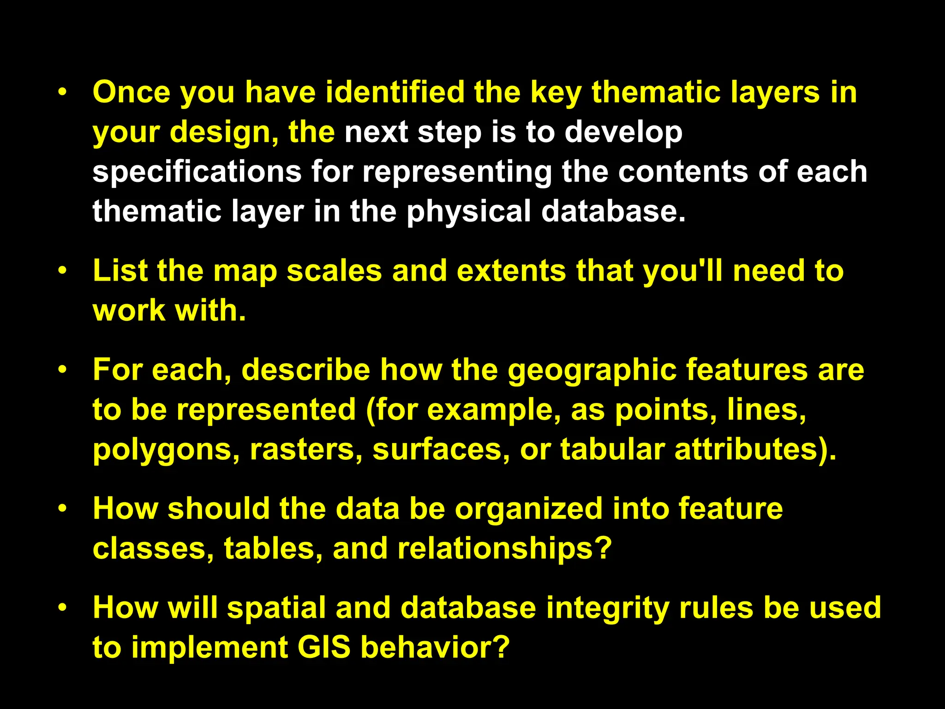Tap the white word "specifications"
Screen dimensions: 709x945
point(197,172)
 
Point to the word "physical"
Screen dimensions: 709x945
point(469,211)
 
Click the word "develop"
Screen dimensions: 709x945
point(623,132)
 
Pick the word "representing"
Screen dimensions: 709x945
point(457,172)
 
